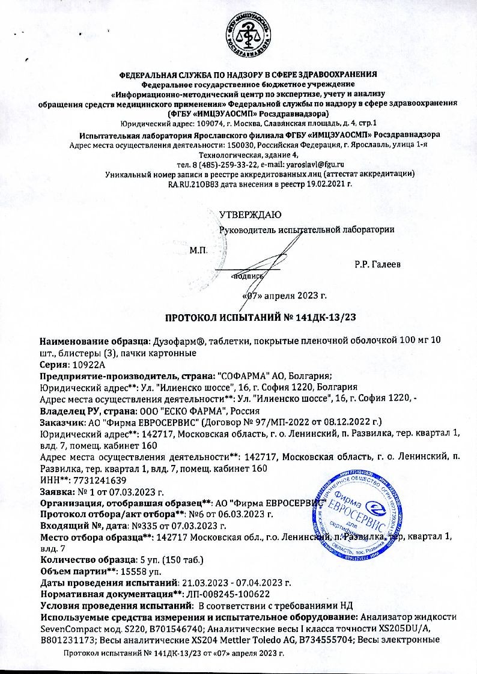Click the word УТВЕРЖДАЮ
pyautogui.click(x=247, y=214)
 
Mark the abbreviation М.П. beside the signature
pyautogui.click(x=198, y=249)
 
